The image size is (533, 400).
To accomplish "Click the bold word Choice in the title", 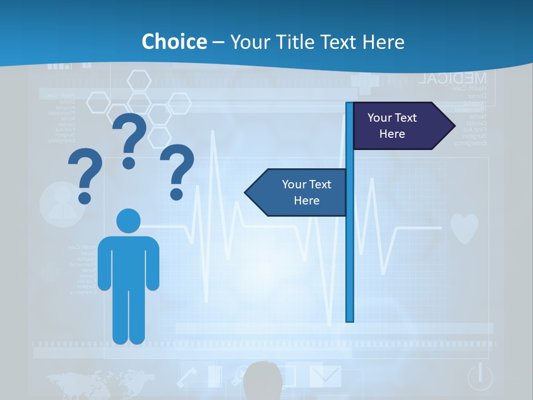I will point(174,42).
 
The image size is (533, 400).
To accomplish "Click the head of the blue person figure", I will point(128,221).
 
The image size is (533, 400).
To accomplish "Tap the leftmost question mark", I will point(85,176).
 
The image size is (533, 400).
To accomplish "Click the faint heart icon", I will point(464,228).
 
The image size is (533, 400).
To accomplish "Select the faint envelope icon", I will point(325,376).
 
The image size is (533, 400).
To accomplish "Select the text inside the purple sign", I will point(392,126).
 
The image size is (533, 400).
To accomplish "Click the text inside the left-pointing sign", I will point(306,192).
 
